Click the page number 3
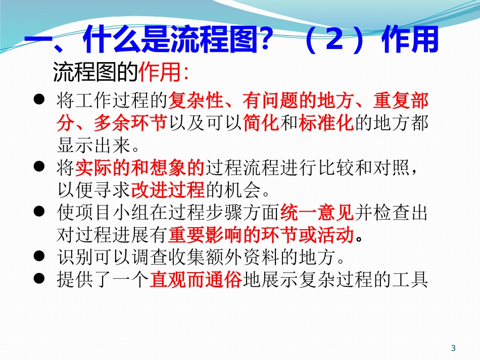(453, 348)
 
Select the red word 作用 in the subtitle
(160, 74)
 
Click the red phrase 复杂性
(195, 101)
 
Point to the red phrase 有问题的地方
(298, 101)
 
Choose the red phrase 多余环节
(131, 123)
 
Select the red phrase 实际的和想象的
(140, 167)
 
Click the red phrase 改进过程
(167, 190)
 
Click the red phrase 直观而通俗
(196, 279)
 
